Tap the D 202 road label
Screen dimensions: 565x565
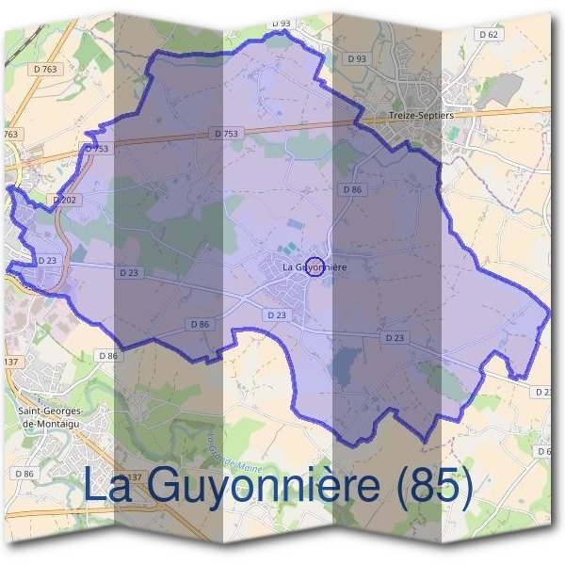point(64,200)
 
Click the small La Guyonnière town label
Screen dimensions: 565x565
point(315,267)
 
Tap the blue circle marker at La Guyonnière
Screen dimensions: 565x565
point(315,266)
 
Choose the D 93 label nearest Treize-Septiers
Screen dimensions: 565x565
point(357,58)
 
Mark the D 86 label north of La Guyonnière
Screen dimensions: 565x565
point(352,189)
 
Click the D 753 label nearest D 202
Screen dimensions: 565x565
point(98,149)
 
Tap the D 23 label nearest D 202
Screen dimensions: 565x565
point(47,260)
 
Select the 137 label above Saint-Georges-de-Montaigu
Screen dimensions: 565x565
point(11,363)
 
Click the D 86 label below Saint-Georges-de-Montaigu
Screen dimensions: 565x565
point(24,473)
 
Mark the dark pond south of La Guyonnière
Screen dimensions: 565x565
point(346,363)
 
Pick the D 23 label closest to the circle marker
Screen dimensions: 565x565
point(277,315)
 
